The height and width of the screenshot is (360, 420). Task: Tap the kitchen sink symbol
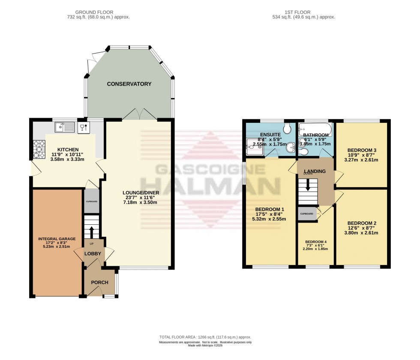(x=64, y=127)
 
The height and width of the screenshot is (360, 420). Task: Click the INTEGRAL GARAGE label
(x=57, y=238)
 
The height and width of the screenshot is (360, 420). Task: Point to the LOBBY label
(x=93, y=253)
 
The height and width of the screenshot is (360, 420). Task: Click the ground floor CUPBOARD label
(x=91, y=202)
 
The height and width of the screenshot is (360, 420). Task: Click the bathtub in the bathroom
(x=315, y=128)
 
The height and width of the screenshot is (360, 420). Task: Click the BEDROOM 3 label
(x=361, y=150)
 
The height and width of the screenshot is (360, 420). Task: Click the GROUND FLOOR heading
(x=96, y=12)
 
